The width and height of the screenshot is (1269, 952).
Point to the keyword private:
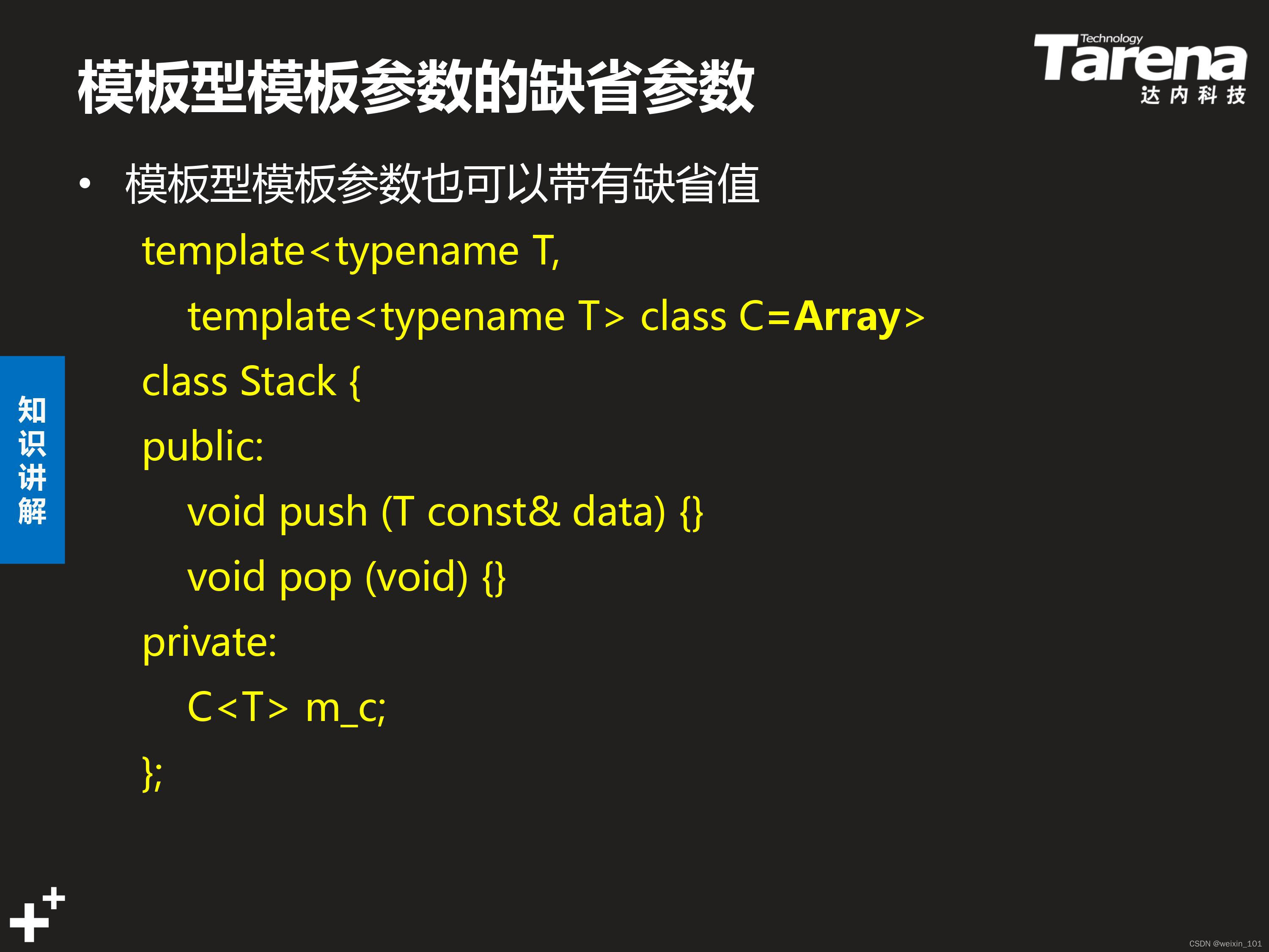click(209, 643)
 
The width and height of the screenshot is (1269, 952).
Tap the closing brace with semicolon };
click(152, 773)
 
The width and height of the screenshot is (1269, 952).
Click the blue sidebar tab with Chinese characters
click(32, 459)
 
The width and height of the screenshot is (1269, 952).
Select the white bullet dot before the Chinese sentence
click(85, 184)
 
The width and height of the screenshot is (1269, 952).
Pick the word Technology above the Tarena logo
click(1111, 39)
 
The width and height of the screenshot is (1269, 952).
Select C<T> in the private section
click(237, 707)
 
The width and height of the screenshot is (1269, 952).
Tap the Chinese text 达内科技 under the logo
click(1193, 95)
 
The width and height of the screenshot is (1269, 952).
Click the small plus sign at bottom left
click(54, 898)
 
